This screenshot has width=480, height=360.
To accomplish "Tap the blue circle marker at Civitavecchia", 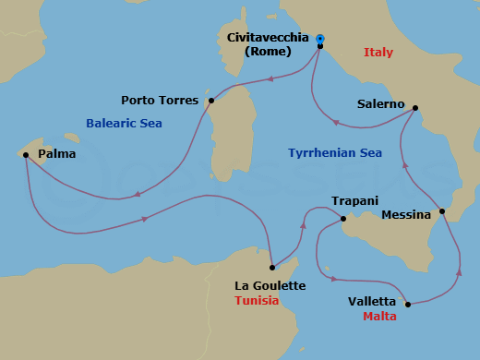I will point(320,39).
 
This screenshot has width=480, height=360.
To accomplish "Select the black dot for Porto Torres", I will point(211,101).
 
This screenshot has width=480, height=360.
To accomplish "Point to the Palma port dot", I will point(26,155).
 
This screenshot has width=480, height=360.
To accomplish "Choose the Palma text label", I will point(57,154).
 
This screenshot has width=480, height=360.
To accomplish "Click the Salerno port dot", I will point(415,108).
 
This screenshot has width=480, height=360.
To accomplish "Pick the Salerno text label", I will point(381,104).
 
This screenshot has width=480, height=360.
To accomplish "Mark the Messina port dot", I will point(442,212).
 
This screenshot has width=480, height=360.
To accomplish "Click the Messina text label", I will point(406,215).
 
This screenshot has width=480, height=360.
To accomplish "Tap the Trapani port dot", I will point(342,219).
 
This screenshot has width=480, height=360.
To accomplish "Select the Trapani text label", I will point(354,200).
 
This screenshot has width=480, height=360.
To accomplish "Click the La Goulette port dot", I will point(271,268).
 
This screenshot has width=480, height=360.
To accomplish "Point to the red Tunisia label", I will point(257,301).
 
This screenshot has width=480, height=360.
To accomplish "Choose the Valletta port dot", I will point(407,303).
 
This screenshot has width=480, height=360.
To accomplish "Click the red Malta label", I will point(379,316).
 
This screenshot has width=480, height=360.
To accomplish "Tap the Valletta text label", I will point(372,302).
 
